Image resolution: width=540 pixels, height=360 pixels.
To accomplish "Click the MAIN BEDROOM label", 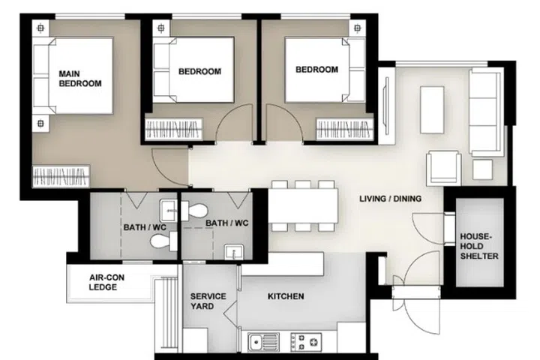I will click(x=80, y=79).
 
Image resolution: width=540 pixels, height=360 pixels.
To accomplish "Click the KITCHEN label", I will click(x=286, y=297).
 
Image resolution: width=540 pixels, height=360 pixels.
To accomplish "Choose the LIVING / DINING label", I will click(x=390, y=199).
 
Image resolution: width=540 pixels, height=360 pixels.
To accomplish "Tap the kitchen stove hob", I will click(x=305, y=341).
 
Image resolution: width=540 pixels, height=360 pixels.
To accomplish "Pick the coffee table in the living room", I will click(x=432, y=109).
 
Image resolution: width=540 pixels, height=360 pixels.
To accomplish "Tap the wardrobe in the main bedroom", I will click(x=61, y=178).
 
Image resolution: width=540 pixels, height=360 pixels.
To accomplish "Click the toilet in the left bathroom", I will click(x=160, y=241).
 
